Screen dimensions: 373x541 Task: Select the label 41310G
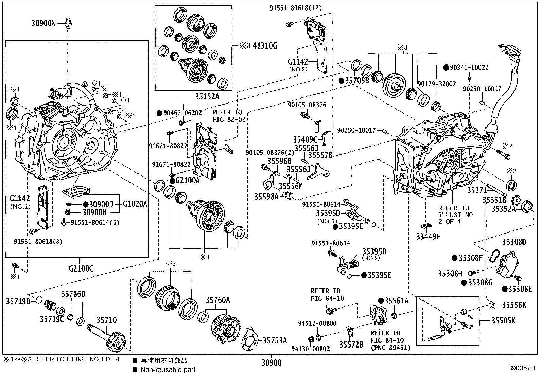coord(263,45)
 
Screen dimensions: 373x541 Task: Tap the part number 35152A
coord(207,97)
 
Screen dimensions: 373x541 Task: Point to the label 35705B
coord(357,81)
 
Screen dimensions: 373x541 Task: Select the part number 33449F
coord(428,236)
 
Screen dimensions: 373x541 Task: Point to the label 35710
coord(106,320)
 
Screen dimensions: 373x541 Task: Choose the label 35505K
coord(503,320)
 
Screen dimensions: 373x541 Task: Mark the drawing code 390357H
coord(522,368)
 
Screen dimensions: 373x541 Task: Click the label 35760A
coord(217,300)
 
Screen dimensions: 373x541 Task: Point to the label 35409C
coord(306,139)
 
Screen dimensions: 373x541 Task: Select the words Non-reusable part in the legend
coord(168,369)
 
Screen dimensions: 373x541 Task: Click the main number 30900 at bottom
coord(271,363)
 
